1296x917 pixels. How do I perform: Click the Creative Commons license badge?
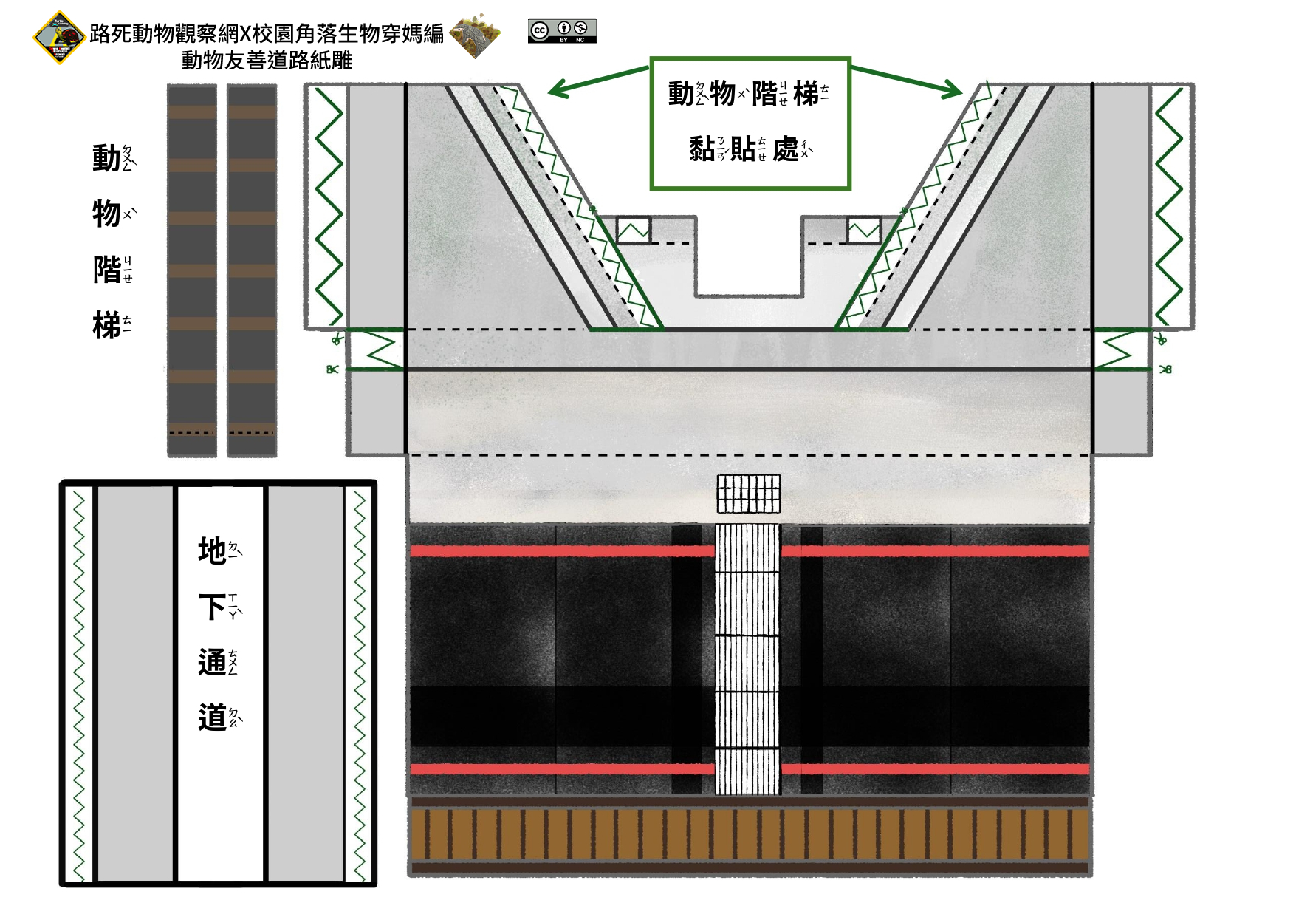562,31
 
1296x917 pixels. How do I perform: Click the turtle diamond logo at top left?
59,37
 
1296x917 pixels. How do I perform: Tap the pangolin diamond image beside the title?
476,35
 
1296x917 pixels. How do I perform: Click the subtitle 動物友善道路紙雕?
267,60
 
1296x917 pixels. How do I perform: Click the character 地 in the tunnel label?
212,551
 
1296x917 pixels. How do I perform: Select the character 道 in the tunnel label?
212,717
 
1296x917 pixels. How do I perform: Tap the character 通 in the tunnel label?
212,662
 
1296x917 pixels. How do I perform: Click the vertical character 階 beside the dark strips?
107,270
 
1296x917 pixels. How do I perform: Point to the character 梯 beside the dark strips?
107,325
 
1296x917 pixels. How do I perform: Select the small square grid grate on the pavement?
748,494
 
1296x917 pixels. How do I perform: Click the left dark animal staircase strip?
192,270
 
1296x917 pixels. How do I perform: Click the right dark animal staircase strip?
252,270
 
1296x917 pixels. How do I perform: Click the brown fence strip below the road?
750,835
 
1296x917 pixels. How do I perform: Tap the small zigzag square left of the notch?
634,230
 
